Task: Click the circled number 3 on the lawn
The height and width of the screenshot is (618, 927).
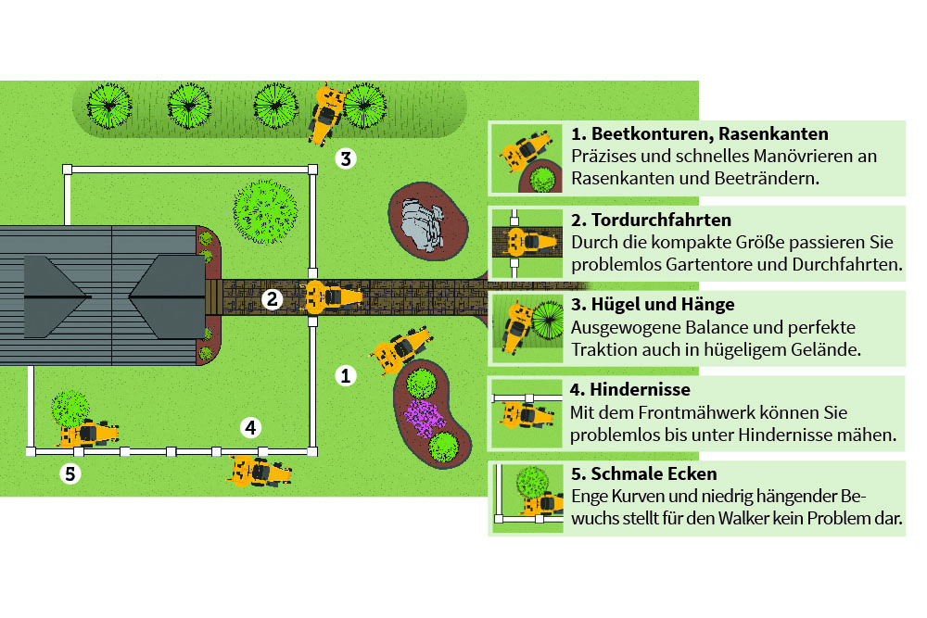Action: point(345,158)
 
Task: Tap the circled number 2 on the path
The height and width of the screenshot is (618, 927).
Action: point(272,298)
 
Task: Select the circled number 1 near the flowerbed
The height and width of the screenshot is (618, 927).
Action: point(345,375)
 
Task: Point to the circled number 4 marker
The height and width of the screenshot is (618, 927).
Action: point(249,427)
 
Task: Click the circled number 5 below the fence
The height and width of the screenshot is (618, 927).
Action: point(70,474)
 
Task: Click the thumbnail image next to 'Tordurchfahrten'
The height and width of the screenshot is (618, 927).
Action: point(526,242)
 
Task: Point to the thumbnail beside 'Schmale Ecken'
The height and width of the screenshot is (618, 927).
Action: point(526,498)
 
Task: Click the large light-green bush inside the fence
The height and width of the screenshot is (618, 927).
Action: point(265,212)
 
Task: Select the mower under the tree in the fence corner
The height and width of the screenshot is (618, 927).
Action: point(87,433)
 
